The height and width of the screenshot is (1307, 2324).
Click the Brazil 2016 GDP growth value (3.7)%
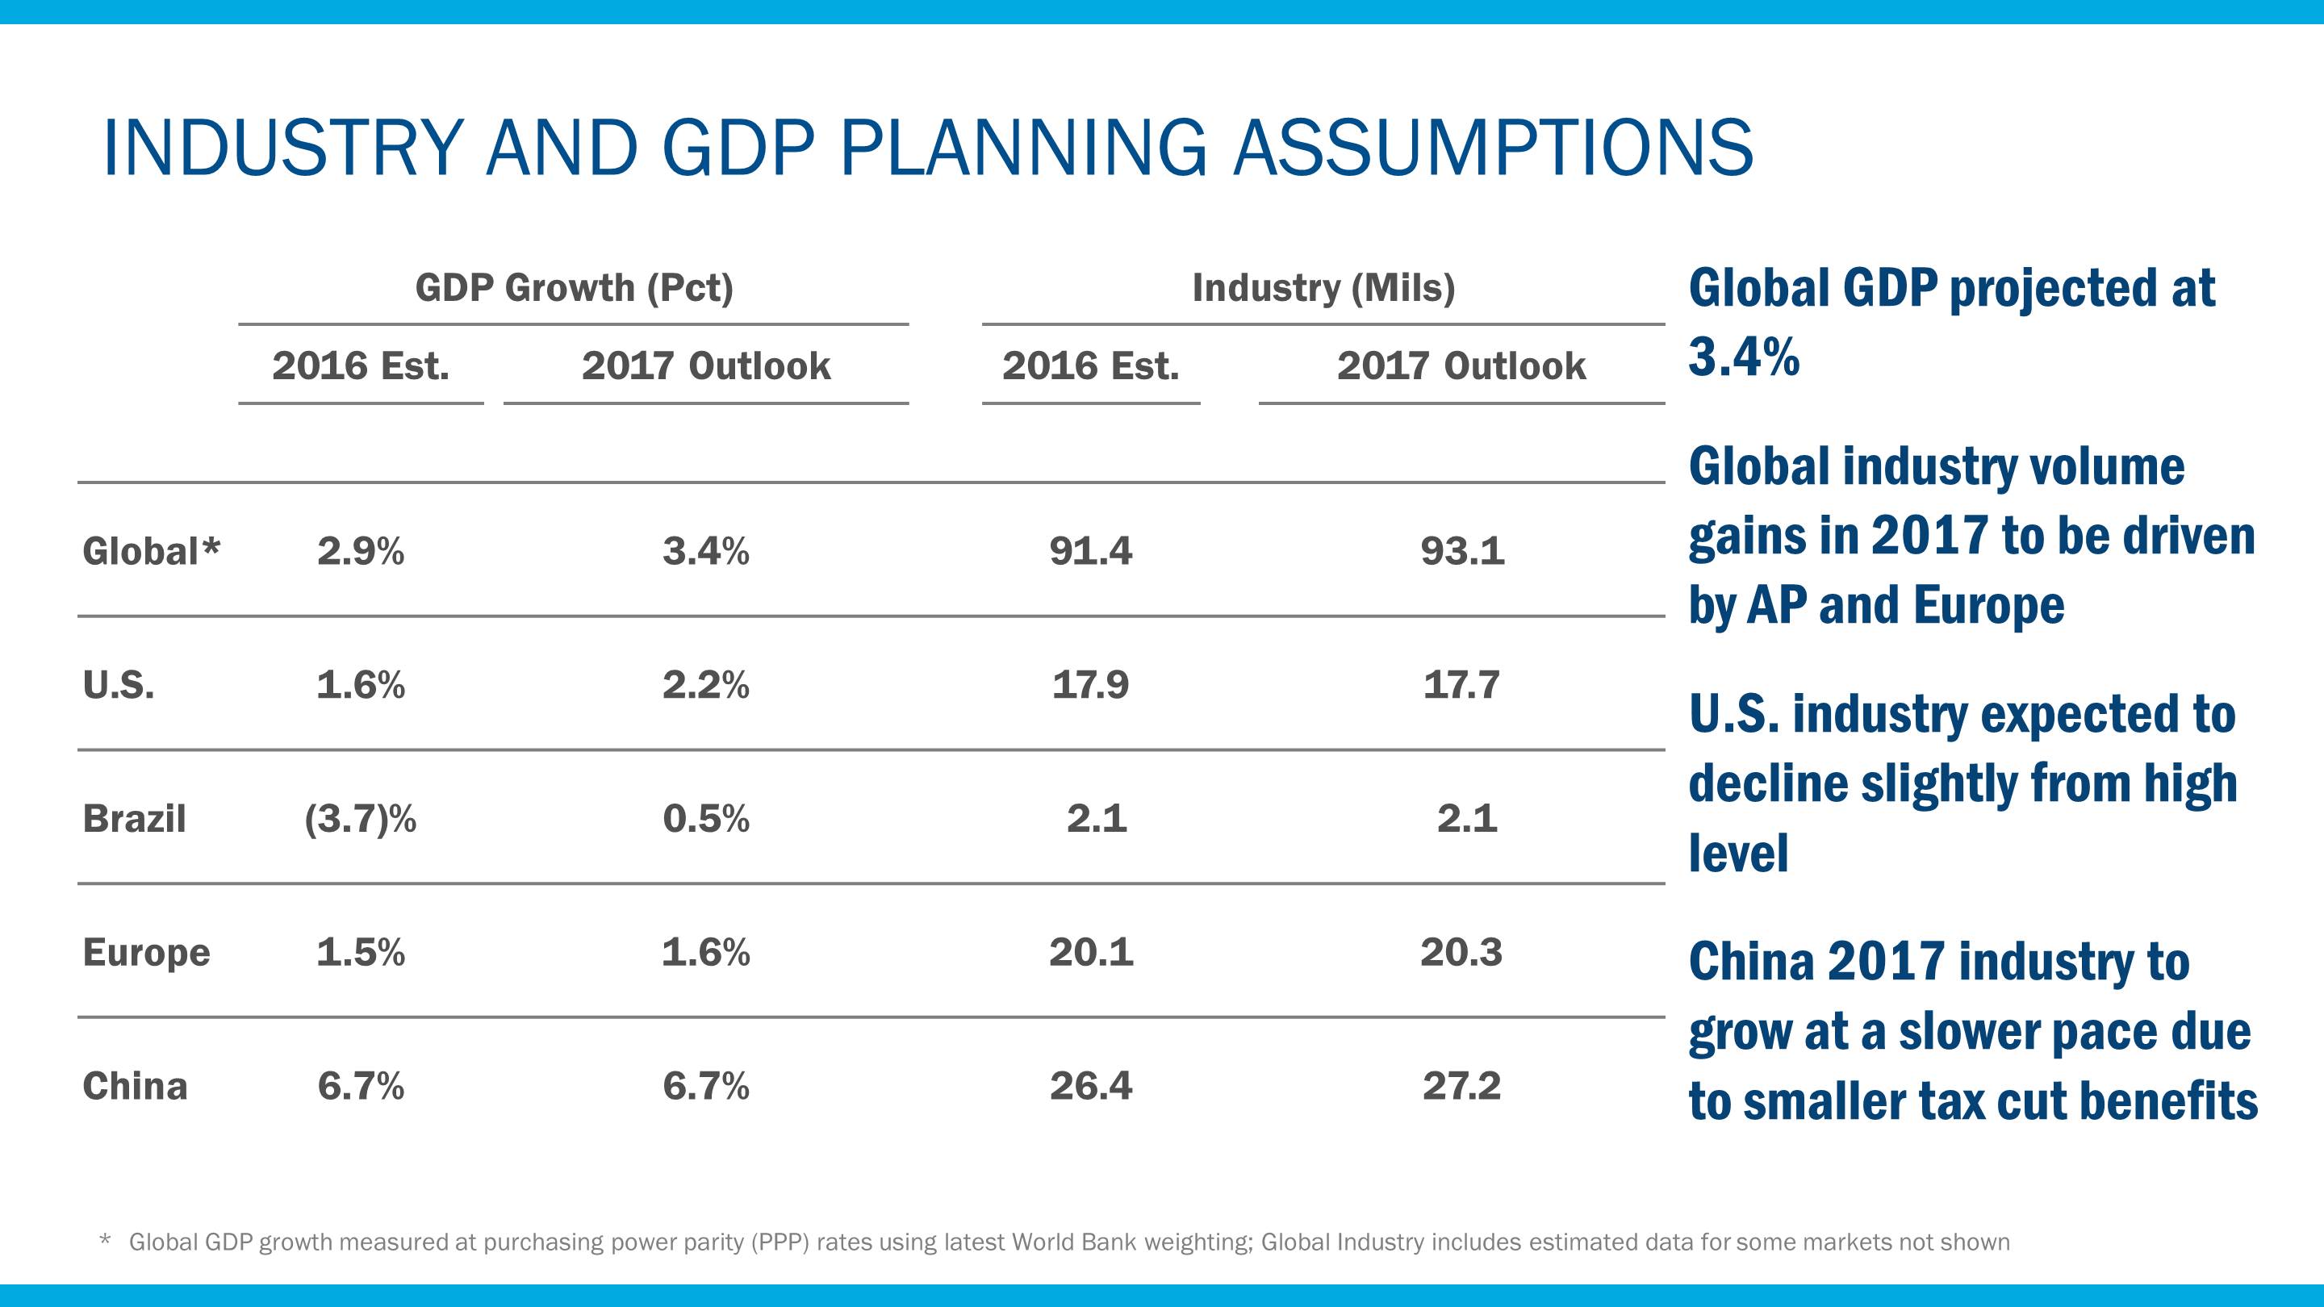pyautogui.click(x=360, y=819)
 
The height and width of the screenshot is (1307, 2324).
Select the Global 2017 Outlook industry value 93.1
pyautogui.click(x=1461, y=551)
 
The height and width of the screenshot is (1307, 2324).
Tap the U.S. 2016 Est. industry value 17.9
pyautogui.click(x=1090, y=686)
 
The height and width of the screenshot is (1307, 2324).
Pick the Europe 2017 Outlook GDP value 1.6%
pyautogui.click(x=705, y=953)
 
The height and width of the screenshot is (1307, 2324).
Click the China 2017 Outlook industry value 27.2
pyautogui.click(x=1461, y=1086)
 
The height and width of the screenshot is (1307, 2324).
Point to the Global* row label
pyautogui.click(x=151, y=551)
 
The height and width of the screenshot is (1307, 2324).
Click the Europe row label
pyautogui.click(x=146, y=954)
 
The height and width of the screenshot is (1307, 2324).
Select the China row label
pyautogui.click(x=136, y=1086)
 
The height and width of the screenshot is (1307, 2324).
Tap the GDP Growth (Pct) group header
pyautogui.click(x=574, y=289)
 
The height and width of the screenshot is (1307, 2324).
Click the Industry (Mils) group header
pyautogui.click(x=1323, y=289)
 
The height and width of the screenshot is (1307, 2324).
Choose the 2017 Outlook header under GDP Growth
pyautogui.click(x=705, y=366)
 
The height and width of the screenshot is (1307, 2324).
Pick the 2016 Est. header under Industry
pyautogui.click(x=1090, y=366)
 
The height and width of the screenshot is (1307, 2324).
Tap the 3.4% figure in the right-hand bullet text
pyautogui.click(x=1743, y=357)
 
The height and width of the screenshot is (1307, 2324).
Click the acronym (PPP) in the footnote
pyautogui.click(x=780, y=1243)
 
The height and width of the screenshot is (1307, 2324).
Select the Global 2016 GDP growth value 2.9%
pyautogui.click(x=360, y=551)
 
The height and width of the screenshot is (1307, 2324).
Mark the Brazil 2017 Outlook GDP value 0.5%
pyautogui.click(x=705, y=819)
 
